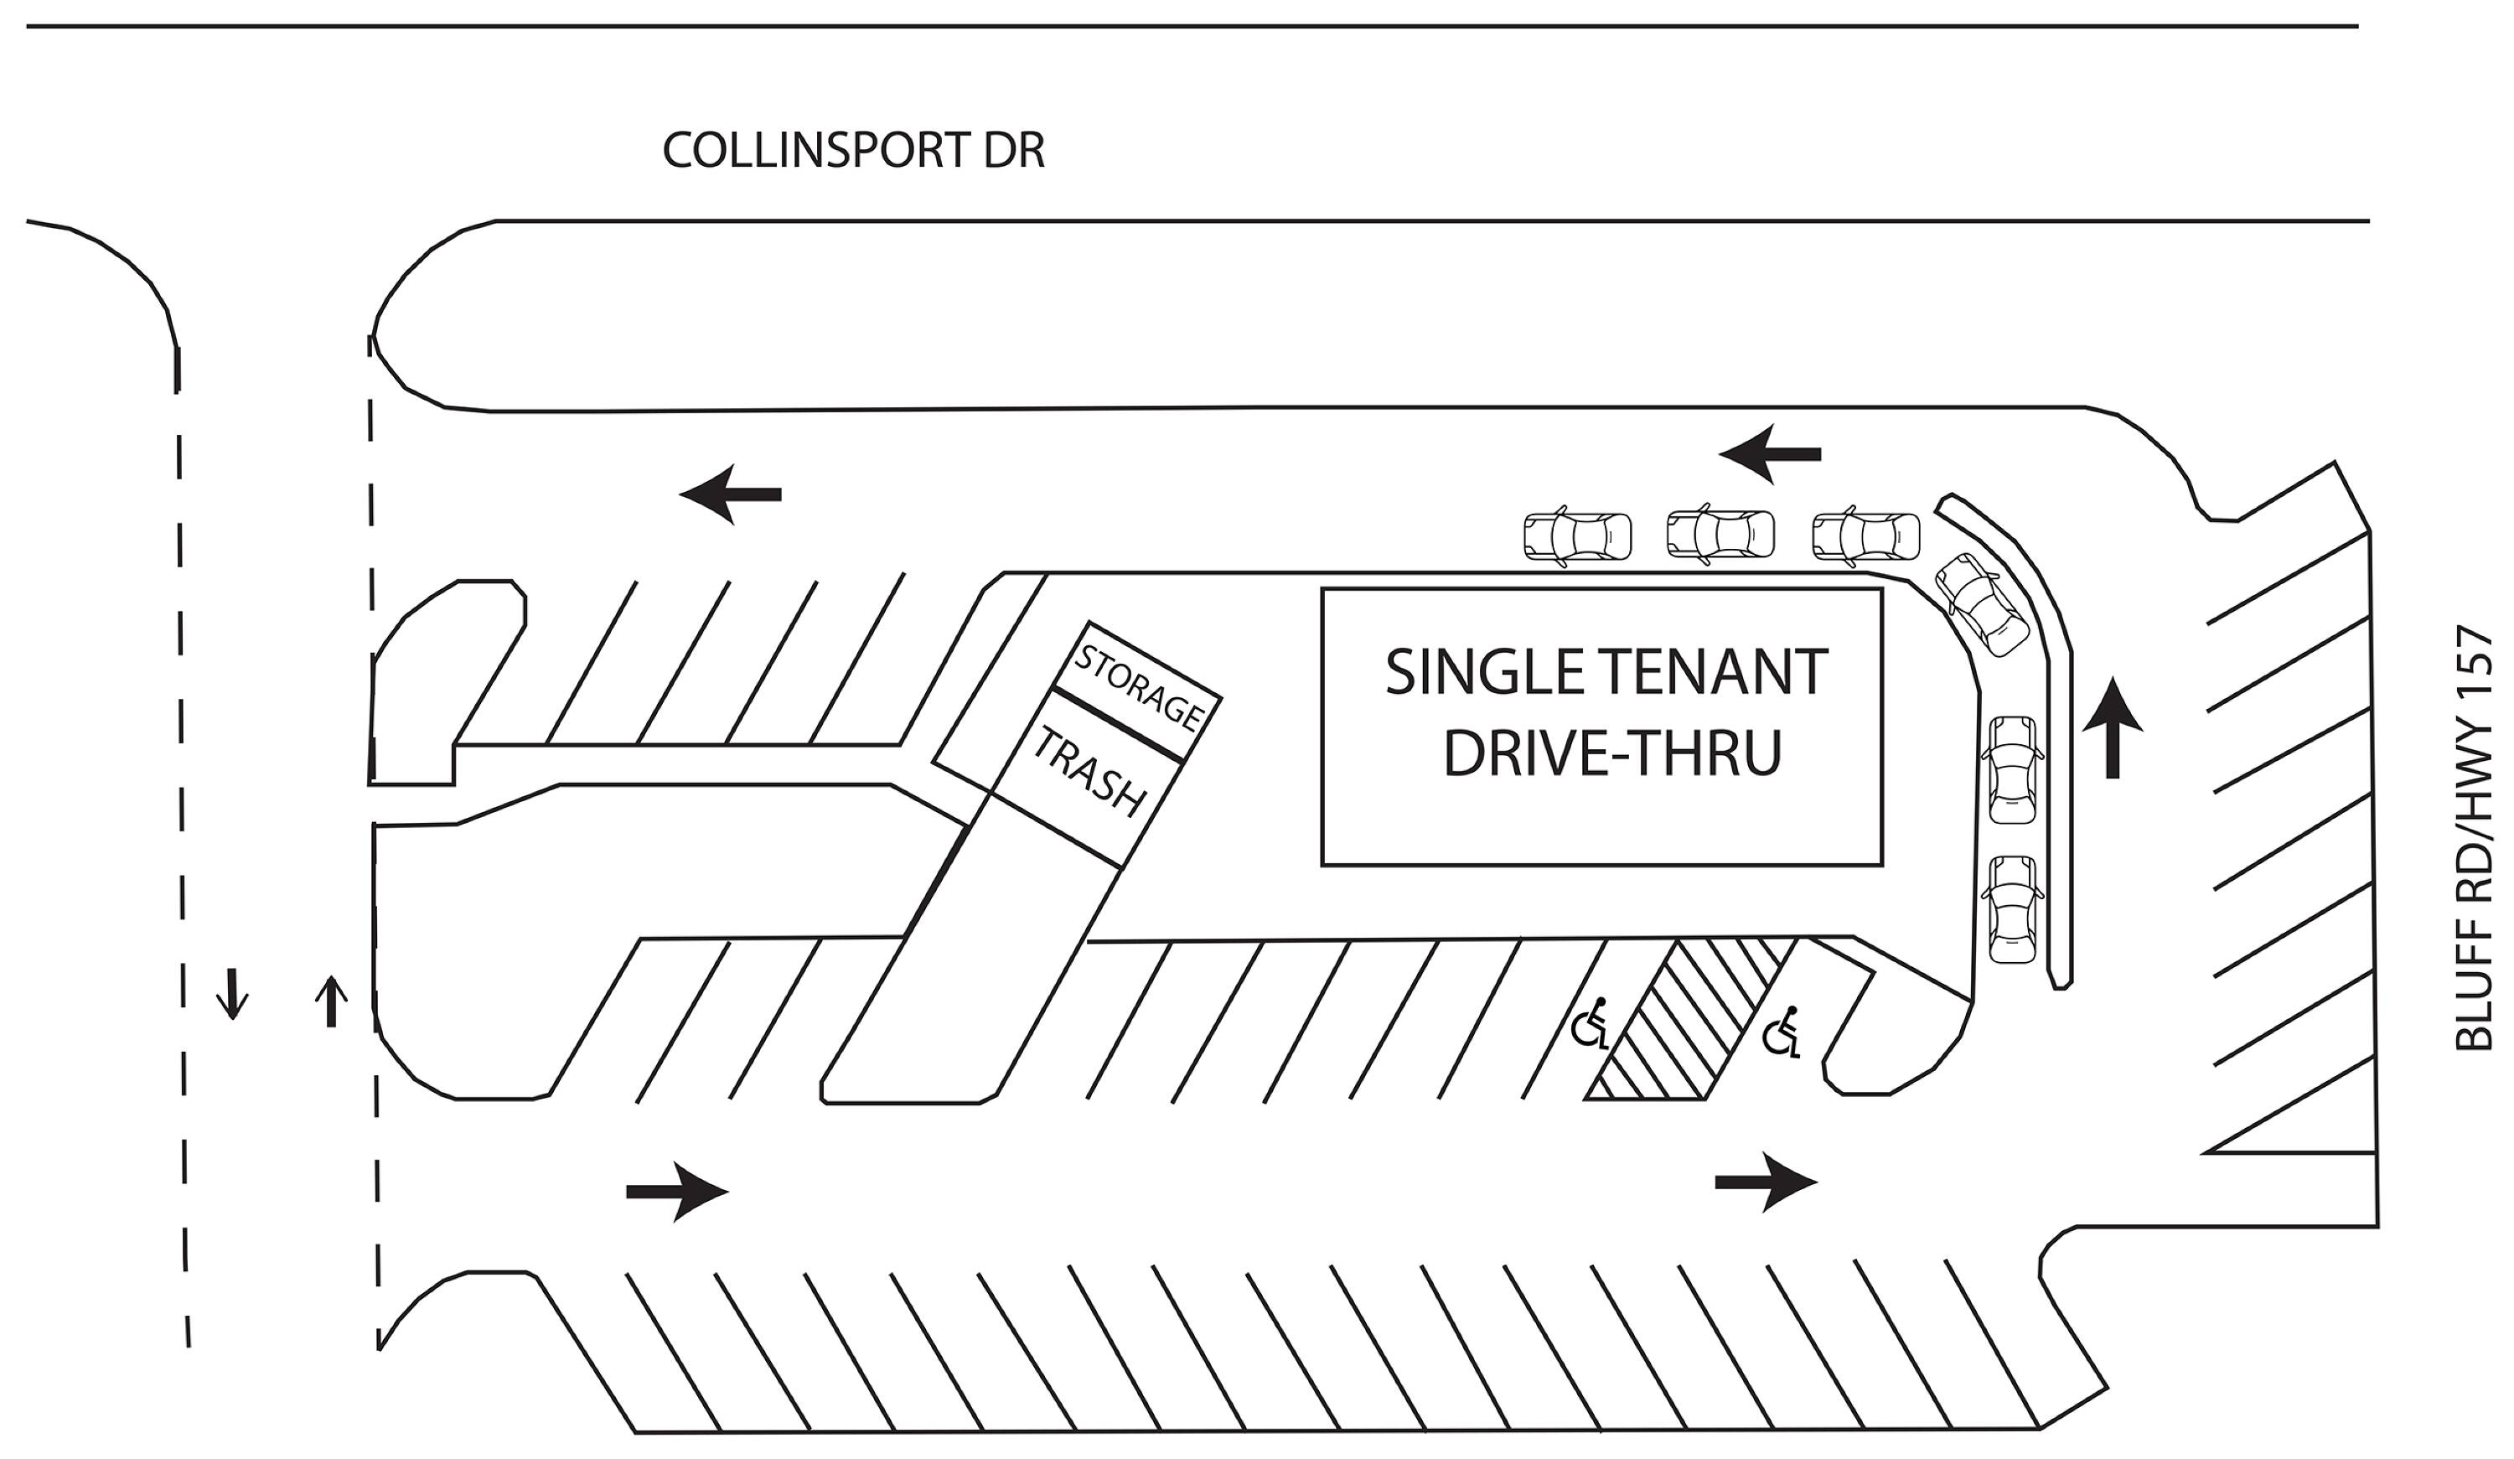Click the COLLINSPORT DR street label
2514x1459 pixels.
(853, 151)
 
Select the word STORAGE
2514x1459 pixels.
(1138, 686)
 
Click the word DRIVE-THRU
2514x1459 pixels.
(1612, 753)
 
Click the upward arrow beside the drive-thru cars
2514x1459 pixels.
(2112, 727)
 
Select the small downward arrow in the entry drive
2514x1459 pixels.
(232, 994)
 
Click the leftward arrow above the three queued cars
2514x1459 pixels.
(1770, 454)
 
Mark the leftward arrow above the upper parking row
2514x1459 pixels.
(730, 494)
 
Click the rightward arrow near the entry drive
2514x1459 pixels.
(677, 1192)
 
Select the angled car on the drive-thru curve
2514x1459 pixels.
(1981, 603)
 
